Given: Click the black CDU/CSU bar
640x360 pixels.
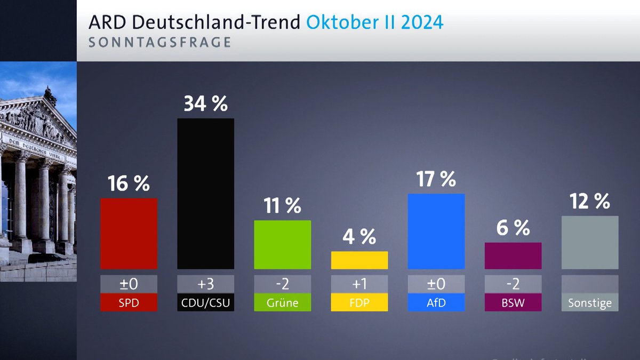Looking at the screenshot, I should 205,193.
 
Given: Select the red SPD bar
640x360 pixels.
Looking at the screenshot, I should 129,234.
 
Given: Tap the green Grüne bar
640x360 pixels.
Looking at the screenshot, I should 282,244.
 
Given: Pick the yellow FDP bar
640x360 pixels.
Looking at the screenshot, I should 359,260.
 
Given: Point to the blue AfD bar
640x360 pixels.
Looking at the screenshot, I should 436,231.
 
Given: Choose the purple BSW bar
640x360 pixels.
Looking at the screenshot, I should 513,255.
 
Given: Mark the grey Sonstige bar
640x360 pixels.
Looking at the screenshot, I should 589,242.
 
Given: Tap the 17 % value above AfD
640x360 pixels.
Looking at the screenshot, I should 436,179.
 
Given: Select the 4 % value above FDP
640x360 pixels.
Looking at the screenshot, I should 359,236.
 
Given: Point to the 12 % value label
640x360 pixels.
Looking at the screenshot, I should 589,202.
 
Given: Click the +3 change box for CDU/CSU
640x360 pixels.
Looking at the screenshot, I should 205,284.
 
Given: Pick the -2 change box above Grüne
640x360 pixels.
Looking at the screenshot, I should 282,284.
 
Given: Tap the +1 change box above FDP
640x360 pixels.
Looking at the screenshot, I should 359,284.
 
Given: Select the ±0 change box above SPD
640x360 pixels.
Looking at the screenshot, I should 129,284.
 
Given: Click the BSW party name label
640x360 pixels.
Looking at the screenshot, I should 513,302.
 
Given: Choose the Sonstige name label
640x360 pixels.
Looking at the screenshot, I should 589,302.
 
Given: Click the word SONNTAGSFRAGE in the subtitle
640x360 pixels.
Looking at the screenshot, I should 159,43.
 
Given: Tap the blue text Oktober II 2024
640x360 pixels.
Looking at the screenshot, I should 375,23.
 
